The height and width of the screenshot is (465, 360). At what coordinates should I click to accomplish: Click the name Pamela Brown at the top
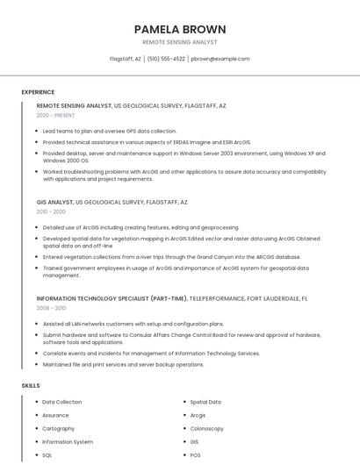pos(179,29)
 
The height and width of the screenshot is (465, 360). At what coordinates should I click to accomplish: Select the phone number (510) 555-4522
pos(166,59)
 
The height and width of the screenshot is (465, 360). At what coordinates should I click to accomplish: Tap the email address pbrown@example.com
pos(220,59)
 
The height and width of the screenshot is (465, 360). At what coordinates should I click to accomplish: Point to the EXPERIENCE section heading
pos(38,92)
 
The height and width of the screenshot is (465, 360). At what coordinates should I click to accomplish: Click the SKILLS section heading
pos(31,386)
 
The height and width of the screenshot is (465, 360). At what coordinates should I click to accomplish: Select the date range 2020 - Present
pos(55,116)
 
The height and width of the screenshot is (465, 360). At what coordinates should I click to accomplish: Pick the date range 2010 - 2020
pos(51,211)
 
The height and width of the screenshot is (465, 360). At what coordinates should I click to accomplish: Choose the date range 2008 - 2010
pos(51,308)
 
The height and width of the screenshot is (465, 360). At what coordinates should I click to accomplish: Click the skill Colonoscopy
pos(207,429)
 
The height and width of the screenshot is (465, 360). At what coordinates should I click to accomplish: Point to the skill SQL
pos(47,455)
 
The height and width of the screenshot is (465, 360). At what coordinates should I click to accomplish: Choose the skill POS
pos(196,455)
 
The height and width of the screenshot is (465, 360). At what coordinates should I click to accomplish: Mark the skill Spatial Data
pos(205,402)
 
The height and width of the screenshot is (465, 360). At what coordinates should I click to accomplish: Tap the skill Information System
pos(68,442)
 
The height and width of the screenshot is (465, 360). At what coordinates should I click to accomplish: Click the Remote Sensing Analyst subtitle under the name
pos(179,42)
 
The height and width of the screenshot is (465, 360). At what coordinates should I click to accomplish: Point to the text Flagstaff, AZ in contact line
pos(125,59)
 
